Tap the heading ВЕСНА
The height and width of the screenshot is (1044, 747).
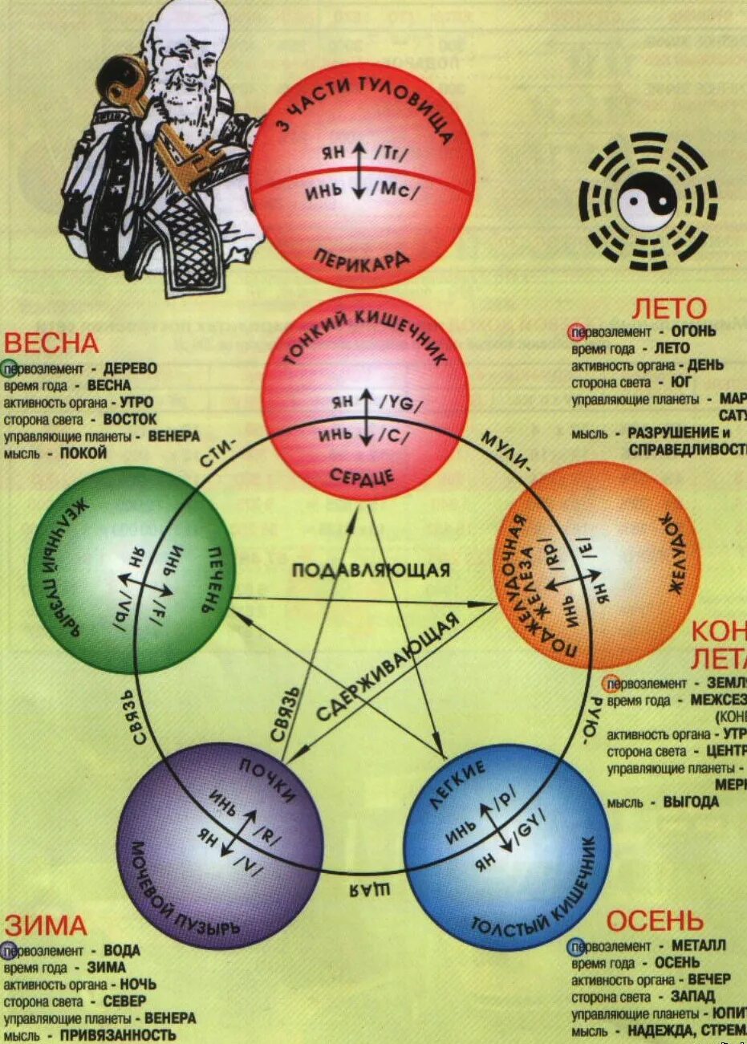(x=51, y=343)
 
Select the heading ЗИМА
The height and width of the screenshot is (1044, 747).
(x=45, y=925)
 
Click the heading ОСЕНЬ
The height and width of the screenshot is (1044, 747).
(x=655, y=921)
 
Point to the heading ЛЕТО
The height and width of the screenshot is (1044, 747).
(x=669, y=308)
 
